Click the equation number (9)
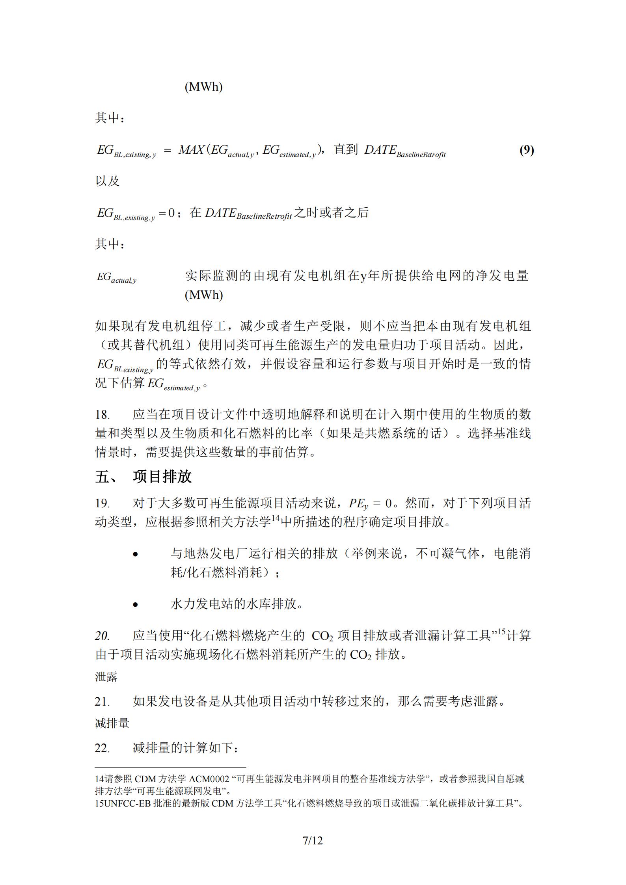click(x=526, y=150)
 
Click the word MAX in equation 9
click(x=191, y=150)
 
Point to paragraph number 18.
click(x=102, y=414)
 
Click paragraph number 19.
click(x=102, y=503)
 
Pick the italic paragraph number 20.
click(x=102, y=635)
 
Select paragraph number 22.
click(x=102, y=748)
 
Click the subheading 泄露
click(x=106, y=677)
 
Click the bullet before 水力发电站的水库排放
click(x=136, y=604)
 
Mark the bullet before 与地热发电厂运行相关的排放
click(x=136, y=554)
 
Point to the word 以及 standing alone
click(x=107, y=181)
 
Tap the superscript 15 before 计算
click(x=501, y=632)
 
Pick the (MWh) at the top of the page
click(x=203, y=87)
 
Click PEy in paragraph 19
click(x=358, y=504)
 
